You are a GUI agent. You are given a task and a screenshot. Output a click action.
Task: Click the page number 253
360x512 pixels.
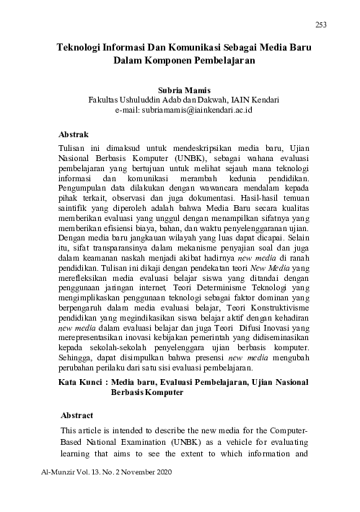pyautogui.click(x=322, y=26)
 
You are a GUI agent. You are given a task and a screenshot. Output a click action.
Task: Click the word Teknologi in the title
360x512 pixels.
pyautogui.click(x=83, y=46)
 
